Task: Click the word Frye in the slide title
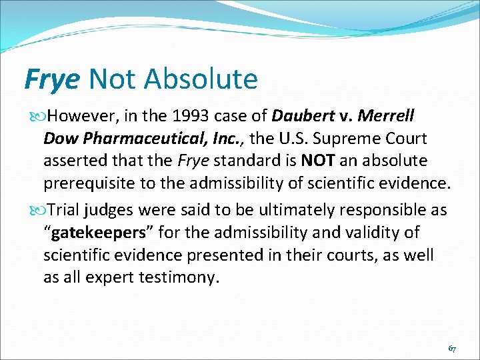click(52, 79)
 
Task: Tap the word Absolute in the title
click(201, 79)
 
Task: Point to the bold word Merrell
click(386, 117)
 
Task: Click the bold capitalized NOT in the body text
click(314, 161)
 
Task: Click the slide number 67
click(452, 349)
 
